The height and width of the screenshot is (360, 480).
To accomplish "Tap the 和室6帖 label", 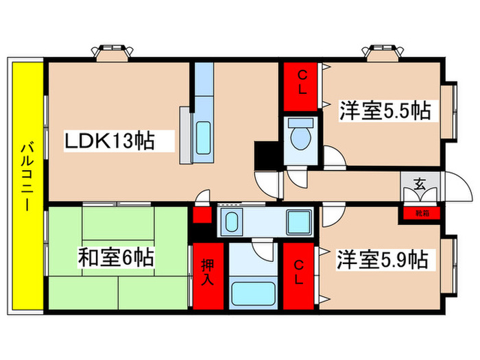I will tap(115, 259).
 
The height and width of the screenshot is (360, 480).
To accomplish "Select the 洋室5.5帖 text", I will tap(385, 111).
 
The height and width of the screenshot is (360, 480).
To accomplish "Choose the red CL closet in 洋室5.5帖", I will tap(301, 84).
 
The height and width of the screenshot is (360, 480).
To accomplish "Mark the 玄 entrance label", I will tap(419, 184).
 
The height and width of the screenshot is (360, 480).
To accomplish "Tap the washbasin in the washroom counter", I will tap(232, 222).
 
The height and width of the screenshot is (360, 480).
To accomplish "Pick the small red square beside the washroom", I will tap(201, 215).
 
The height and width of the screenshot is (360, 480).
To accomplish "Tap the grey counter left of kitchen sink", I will tap(185, 134).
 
